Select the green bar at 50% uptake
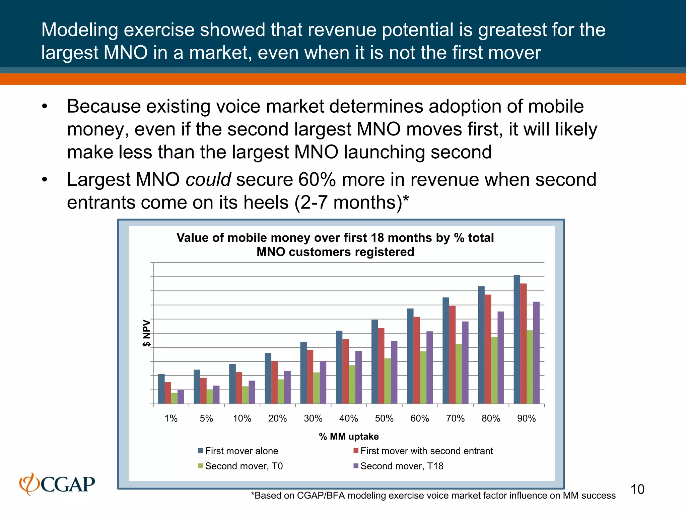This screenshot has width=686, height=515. click(388, 381)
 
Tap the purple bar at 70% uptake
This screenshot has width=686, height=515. click(465, 362)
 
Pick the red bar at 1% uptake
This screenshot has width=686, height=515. click(168, 393)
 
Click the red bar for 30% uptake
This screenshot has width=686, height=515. click(310, 377)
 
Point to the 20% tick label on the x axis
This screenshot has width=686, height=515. click(277, 418)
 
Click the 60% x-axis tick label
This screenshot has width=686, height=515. click(420, 418)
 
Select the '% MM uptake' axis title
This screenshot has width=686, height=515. click(349, 437)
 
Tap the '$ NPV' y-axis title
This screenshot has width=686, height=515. click(147, 333)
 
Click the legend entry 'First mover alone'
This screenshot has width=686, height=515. click(241, 451)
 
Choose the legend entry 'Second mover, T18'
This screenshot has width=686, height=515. click(402, 466)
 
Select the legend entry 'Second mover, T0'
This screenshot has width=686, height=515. click(244, 466)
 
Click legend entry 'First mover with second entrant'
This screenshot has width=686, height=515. click(426, 451)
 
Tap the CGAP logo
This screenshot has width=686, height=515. click(57, 484)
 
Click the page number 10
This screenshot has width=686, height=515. click(637, 490)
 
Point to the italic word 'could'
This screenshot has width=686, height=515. click(208, 179)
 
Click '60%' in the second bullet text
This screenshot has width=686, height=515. click(317, 179)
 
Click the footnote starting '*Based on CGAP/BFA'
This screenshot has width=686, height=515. click(433, 496)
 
